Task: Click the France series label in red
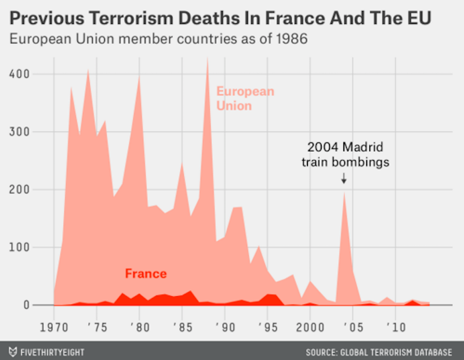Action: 146,274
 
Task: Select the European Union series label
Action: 245,99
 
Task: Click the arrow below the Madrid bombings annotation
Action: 343,179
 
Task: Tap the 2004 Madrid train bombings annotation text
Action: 345,154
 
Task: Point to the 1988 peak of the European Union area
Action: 208,59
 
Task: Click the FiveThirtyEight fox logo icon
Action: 12,351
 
